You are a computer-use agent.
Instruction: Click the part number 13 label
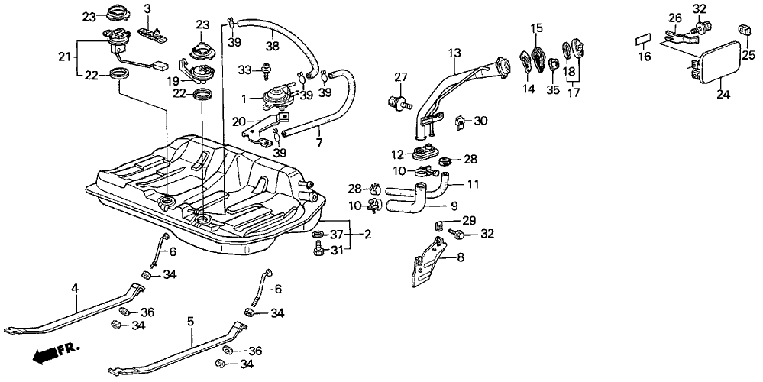tap(454, 53)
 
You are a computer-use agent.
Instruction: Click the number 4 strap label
tap(75, 288)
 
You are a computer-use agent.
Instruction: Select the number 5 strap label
tap(190, 321)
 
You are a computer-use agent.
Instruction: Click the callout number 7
tap(318, 142)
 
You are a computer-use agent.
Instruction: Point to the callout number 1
tap(244, 99)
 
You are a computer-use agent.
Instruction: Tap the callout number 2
tap(367, 235)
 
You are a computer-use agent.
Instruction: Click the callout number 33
tap(245, 70)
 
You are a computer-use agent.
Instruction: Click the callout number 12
tap(397, 154)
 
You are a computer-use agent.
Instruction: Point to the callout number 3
tap(147, 9)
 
